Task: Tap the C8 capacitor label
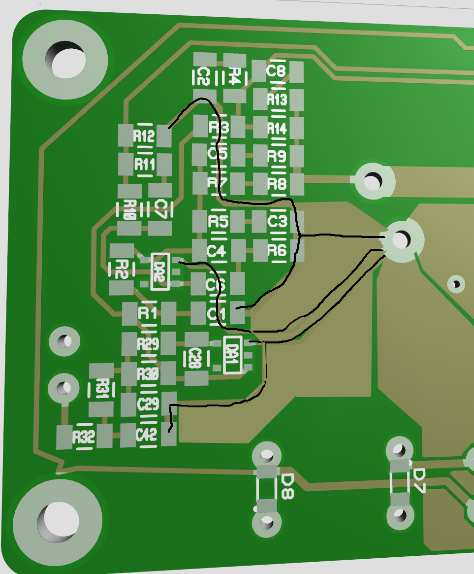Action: click(276, 71)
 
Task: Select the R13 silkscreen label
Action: click(277, 100)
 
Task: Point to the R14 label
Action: click(277, 129)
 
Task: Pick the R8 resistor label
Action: click(277, 184)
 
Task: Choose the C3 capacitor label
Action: click(277, 221)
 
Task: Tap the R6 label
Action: click(277, 251)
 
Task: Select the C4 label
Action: click(217, 252)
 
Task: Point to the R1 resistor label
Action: click(148, 312)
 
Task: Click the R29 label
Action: click(148, 344)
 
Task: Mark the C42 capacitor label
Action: click(147, 435)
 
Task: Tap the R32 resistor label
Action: click(83, 437)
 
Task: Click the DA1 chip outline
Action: click(232, 355)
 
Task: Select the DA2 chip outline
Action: click(159, 271)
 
